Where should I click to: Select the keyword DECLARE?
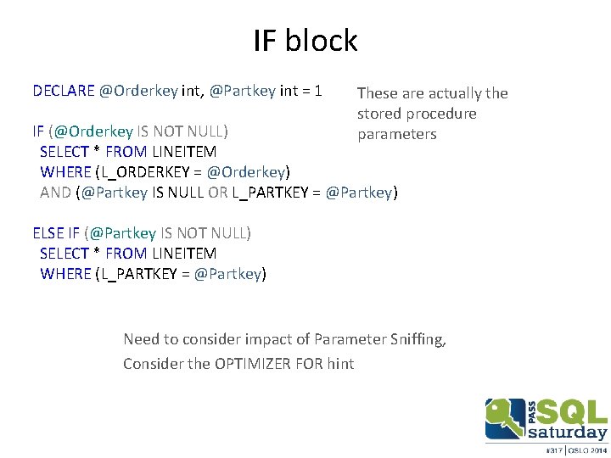click(x=64, y=90)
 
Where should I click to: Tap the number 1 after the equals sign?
click(x=317, y=90)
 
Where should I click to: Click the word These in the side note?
click(x=378, y=93)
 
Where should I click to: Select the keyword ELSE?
click(x=48, y=232)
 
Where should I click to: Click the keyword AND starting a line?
click(x=55, y=192)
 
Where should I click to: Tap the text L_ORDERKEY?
click(x=141, y=171)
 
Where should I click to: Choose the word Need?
click(x=141, y=339)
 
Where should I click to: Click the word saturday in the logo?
click(x=568, y=433)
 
